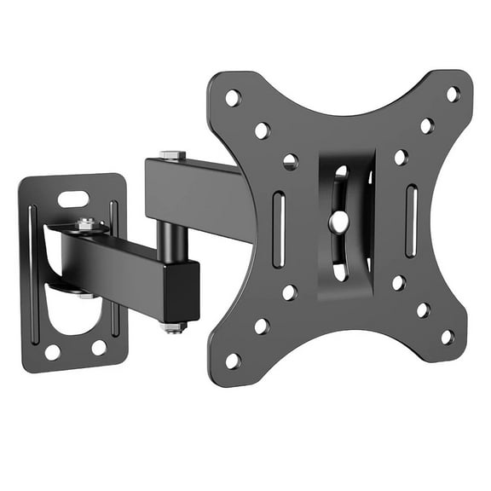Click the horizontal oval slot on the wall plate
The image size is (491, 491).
click(x=74, y=199)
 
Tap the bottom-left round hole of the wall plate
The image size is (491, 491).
click(x=53, y=350)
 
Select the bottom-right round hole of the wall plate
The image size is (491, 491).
click(x=100, y=347)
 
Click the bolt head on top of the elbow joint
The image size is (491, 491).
click(x=172, y=156)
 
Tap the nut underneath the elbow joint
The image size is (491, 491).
click(x=173, y=326)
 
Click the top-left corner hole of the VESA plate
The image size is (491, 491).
click(x=232, y=98)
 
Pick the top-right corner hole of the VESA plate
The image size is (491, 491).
click(x=453, y=94)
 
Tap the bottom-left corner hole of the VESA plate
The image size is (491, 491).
click(x=232, y=361)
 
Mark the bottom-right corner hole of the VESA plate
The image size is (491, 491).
click(x=448, y=338)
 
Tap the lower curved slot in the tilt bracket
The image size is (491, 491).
click(x=340, y=269)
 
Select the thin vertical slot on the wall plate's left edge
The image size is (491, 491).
click(x=33, y=273)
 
